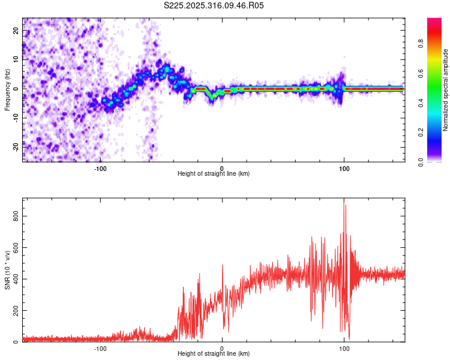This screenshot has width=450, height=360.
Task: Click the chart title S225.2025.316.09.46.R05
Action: click(214, 5)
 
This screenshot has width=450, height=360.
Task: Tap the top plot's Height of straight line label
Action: click(214, 173)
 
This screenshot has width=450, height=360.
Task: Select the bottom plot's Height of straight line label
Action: click(214, 354)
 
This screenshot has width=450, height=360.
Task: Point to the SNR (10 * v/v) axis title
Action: click(7, 270)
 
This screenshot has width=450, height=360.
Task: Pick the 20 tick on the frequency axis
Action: click(16, 32)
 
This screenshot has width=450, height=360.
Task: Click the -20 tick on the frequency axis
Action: click(16, 146)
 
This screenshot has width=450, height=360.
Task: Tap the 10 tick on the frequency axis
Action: click(16, 60)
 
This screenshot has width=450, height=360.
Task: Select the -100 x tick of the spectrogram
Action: click(100, 168)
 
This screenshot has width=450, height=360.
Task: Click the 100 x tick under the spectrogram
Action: click(344, 168)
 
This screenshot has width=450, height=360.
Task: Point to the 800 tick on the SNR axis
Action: click(16, 215)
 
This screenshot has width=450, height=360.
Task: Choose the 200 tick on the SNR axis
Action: click(16, 310)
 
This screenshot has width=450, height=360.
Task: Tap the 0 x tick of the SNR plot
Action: click(222, 348)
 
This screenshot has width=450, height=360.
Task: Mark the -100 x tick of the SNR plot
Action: click(100, 348)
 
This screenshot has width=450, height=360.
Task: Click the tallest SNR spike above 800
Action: click(344, 199)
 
